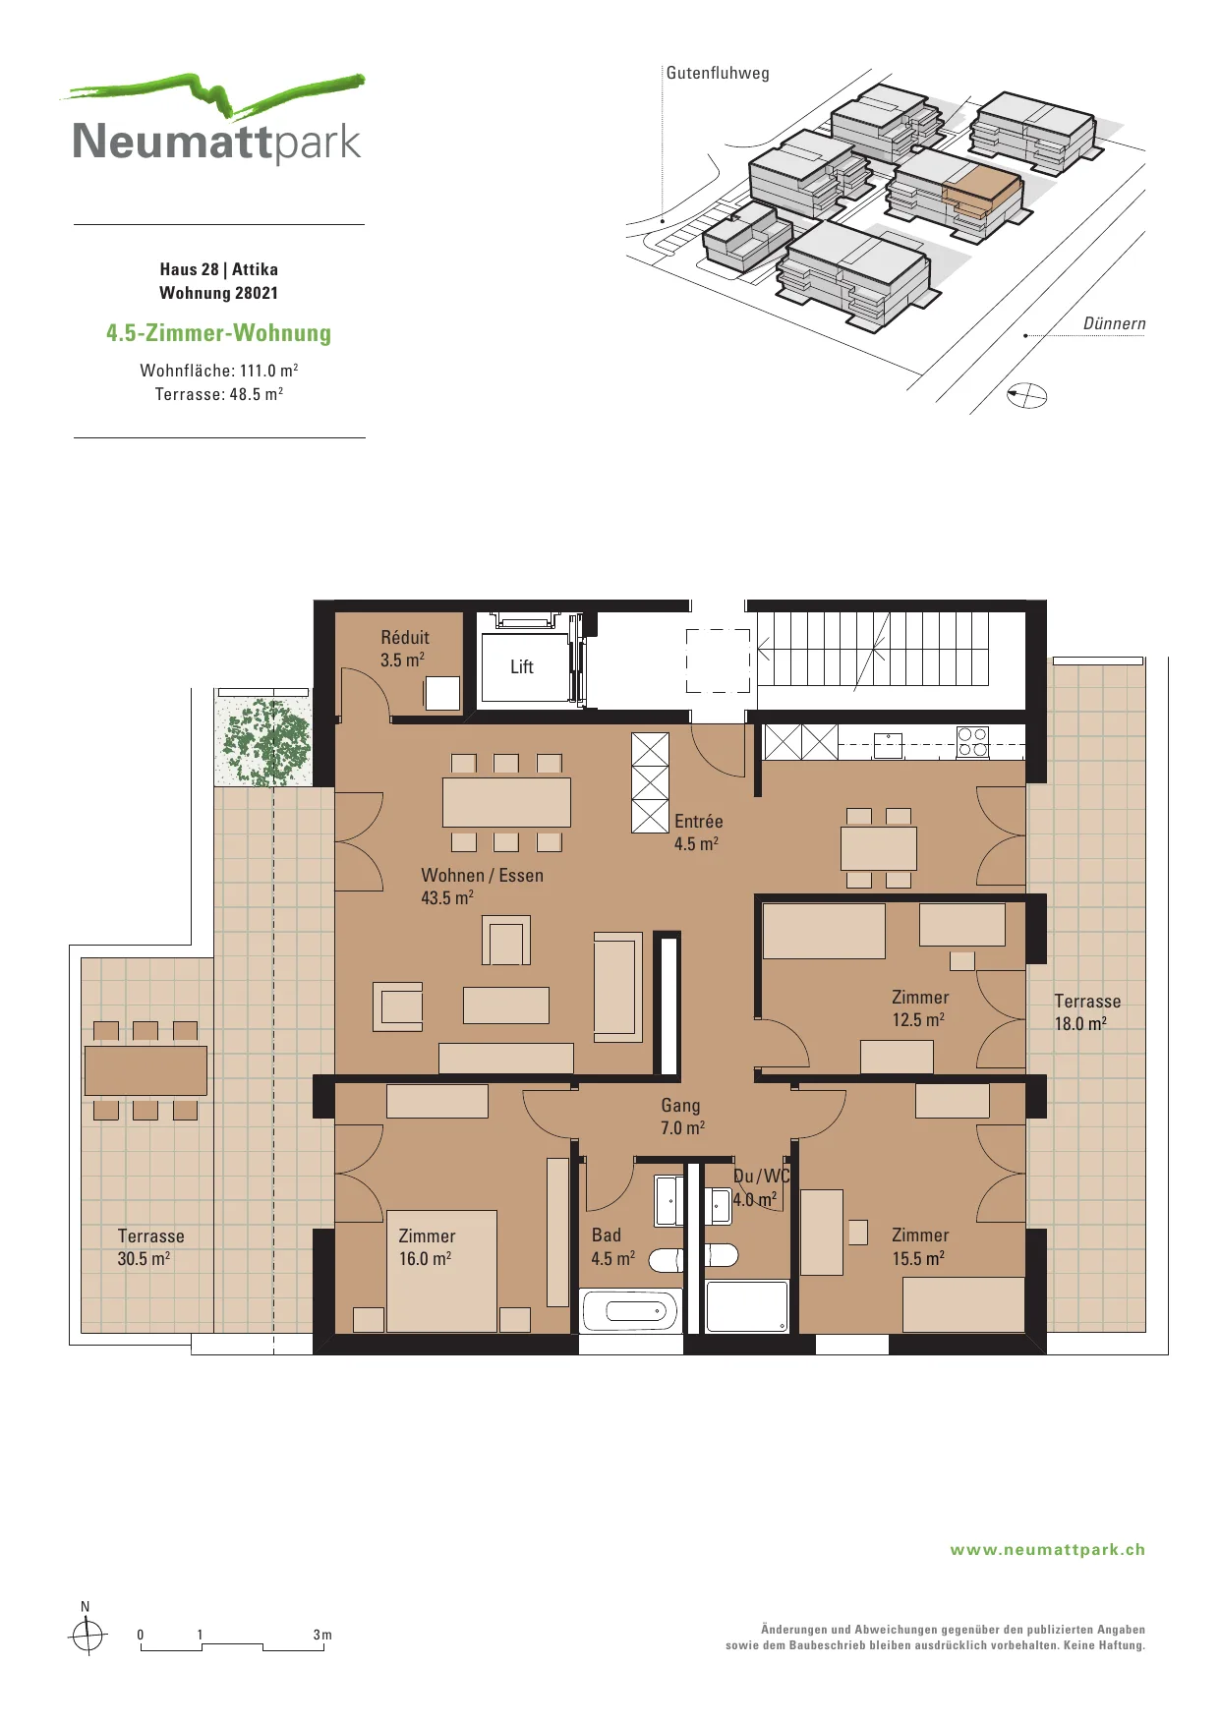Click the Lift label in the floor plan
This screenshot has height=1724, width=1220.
coord(521,667)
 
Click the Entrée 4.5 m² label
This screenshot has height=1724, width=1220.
coord(698,833)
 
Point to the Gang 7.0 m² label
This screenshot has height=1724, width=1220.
coord(681,1117)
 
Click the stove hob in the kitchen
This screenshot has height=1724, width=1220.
coord(972,742)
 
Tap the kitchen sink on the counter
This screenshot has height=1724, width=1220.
coord(889,745)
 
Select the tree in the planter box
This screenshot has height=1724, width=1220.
coord(266,741)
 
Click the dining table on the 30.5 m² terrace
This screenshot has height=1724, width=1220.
coord(145,1070)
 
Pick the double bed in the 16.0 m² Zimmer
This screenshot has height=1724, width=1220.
coord(441,1271)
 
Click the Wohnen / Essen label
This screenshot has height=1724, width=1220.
coord(482,876)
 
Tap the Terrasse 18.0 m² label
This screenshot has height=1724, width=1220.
coord(1087,1012)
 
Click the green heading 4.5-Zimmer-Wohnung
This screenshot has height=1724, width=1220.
coord(218,333)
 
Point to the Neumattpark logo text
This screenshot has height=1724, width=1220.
coord(217,142)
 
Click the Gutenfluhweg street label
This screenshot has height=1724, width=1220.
coord(718,73)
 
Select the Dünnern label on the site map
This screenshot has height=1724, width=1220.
coord(1115,324)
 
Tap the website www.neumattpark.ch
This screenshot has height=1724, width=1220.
coord(1048,1550)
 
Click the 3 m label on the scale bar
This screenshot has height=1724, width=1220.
coord(322,1636)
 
